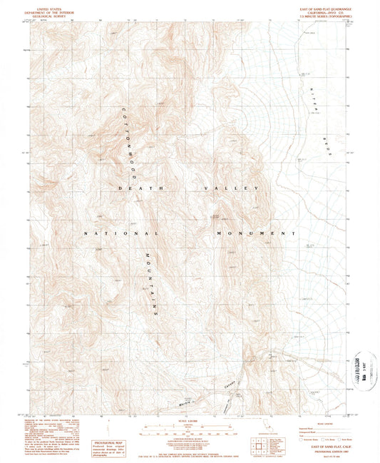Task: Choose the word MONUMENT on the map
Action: coord(256,233)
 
